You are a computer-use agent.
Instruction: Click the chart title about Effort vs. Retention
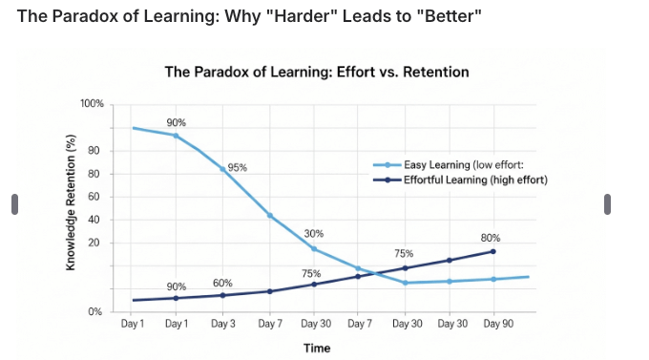(317, 72)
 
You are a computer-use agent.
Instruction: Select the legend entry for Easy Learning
(463, 164)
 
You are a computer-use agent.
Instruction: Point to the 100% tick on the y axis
(91, 103)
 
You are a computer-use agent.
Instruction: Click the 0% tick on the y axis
(94, 312)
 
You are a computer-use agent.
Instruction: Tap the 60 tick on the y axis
(95, 197)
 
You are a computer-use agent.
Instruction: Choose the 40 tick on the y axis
(95, 220)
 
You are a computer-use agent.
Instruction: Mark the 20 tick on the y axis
(95, 243)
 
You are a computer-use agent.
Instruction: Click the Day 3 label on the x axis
(222, 326)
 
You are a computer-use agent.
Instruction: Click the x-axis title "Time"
(317, 348)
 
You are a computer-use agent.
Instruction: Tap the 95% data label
(238, 168)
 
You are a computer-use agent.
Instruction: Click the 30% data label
(314, 234)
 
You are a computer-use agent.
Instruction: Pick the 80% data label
(491, 238)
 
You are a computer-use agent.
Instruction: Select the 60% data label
(222, 283)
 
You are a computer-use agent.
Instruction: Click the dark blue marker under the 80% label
(493, 251)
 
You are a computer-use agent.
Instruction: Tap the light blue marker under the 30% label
(314, 249)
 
